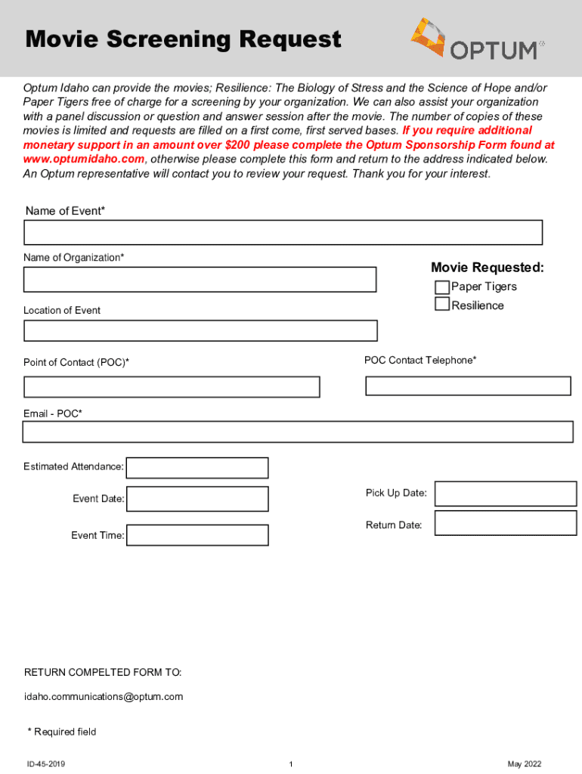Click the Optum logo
point(477,39)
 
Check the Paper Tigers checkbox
point(441,287)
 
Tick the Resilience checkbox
point(441,305)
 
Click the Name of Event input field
point(283,233)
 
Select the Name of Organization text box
point(200,280)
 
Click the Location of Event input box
point(200,331)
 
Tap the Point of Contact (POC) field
point(172,387)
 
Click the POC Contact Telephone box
point(468,386)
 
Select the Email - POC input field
point(298,432)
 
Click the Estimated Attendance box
point(197,468)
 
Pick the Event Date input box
point(197,499)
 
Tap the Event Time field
point(197,535)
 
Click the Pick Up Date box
point(506,494)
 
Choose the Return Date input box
point(506,524)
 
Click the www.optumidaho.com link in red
point(84,159)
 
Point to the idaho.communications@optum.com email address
point(104,697)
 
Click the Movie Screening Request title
point(184,39)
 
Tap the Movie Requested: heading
point(488,268)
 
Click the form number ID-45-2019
point(46,764)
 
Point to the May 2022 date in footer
point(525,764)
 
